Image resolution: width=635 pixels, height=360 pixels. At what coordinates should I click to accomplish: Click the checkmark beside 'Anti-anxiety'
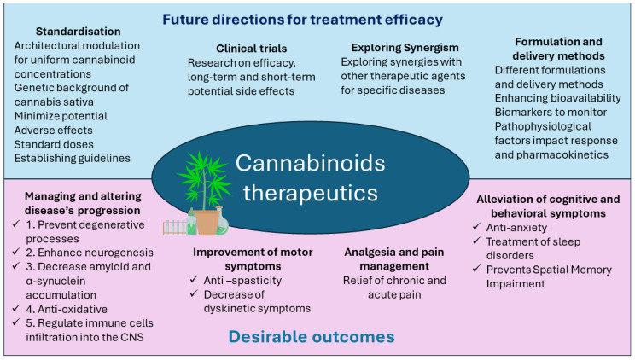coord(477,227)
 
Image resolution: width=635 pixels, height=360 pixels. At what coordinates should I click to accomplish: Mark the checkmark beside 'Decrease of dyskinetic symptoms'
coord(195,307)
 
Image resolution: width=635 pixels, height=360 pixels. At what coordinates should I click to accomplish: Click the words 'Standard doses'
coord(53,142)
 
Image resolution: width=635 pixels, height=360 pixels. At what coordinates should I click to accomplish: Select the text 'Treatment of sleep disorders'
coord(533,247)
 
